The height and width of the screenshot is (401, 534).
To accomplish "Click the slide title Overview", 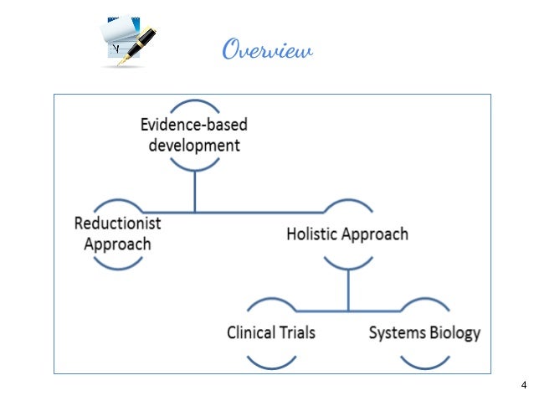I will [x=267, y=50].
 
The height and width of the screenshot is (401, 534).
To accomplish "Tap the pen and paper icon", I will [x=128, y=40].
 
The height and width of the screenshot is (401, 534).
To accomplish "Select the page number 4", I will [x=523, y=385].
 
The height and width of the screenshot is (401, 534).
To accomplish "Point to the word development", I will [x=193, y=145].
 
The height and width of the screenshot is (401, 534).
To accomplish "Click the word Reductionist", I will [x=117, y=224].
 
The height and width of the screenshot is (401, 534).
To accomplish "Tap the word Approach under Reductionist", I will [x=117, y=244].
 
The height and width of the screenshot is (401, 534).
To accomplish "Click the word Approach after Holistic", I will [x=377, y=234].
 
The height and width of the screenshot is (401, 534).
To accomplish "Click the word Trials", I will [x=298, y=332].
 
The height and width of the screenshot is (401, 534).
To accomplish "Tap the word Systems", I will [x=397, y=332].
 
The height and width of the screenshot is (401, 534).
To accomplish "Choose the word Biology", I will [x=454, y=332].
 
